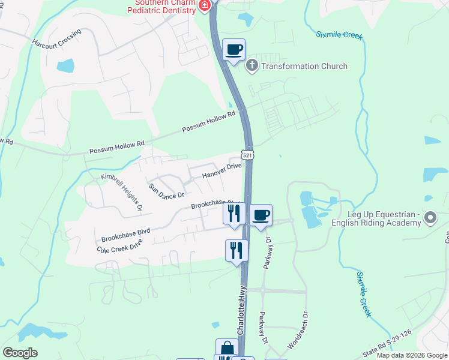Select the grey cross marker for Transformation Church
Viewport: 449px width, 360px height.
click(252, 65)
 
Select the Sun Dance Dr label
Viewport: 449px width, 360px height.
click(167, 190)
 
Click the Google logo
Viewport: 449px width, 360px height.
click(20, 353)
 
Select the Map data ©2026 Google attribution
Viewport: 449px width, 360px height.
click(412, 355)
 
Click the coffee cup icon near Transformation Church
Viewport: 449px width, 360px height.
click(234, 49)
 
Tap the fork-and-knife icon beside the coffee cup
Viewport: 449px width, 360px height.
click(234, 213)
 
